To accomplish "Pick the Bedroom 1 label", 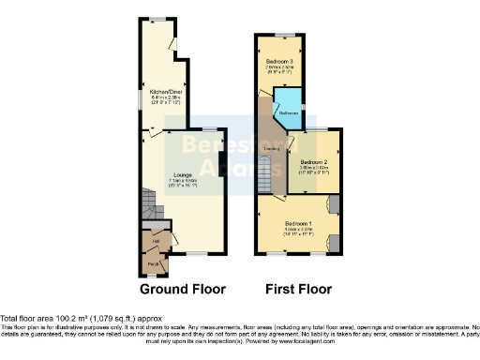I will pyautogui.click(x=297, y=223).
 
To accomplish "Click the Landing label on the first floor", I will pyautogui.click(x=272, y=149).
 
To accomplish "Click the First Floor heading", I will pyautogui.click(x=298, y=289).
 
